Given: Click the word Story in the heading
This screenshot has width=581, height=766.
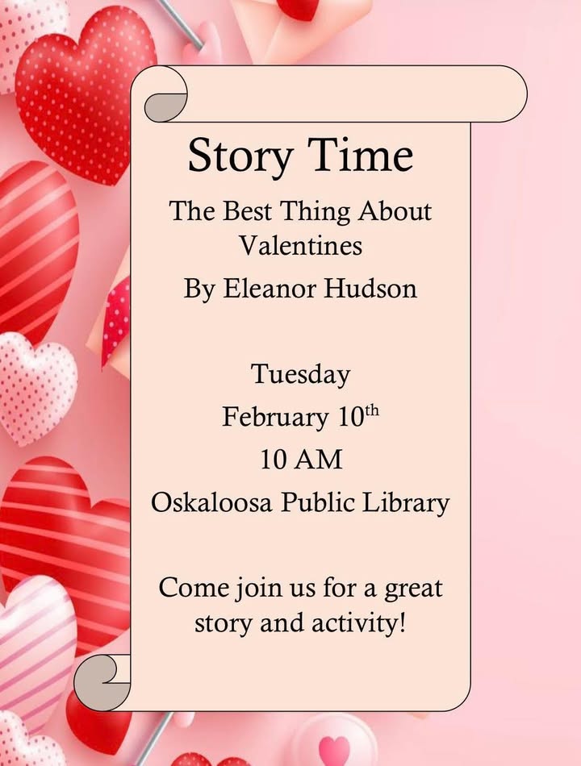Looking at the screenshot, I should coord(234,156).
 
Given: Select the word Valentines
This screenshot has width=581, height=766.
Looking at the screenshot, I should coord(300,245).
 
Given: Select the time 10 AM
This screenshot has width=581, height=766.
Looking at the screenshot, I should coord(300,460).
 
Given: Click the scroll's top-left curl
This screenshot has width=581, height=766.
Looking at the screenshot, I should coord(165,101).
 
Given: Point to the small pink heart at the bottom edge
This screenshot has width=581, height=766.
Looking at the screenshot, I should coord(334,750).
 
